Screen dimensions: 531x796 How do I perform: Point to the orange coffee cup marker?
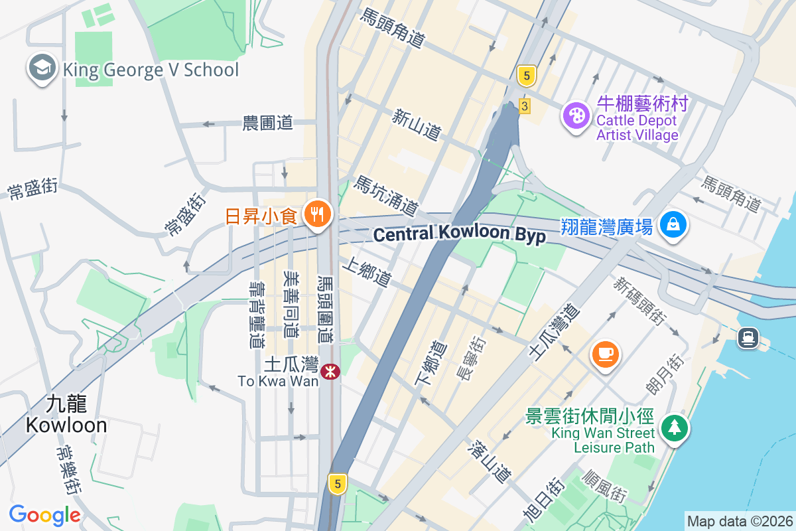606,354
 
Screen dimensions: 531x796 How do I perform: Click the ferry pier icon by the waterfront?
748,338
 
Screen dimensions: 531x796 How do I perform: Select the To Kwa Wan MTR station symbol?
330,372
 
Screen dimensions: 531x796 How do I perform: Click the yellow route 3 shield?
525,106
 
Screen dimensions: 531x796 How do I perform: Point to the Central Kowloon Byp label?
459,235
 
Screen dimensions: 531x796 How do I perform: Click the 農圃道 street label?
267,123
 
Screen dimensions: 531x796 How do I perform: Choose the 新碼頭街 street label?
639,301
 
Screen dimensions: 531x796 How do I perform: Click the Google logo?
44,514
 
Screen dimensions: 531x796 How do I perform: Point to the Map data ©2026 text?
740,521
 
